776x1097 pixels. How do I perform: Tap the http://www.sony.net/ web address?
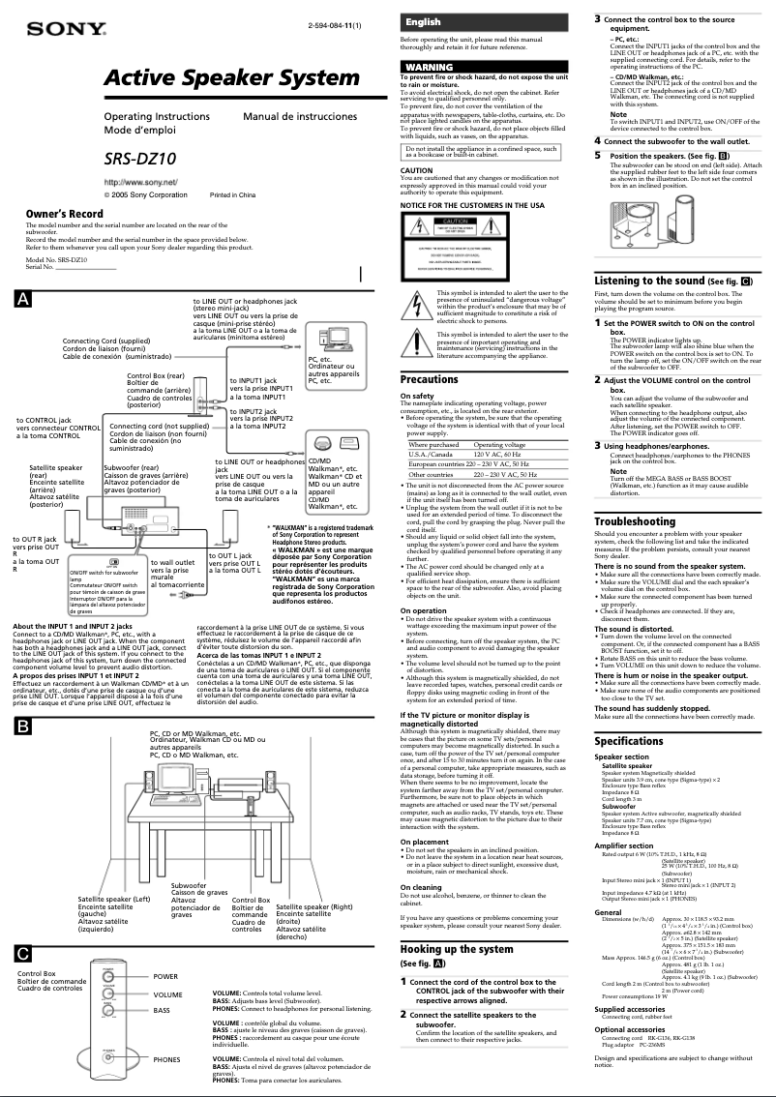point(140,182)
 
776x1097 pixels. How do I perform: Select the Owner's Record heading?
point(64,214)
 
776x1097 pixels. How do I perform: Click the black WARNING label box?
point(430,67)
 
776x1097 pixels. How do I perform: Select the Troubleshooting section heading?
point(635,521)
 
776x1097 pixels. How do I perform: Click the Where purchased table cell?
point(433,444)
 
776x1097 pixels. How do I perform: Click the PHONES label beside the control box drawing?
point(166,1059)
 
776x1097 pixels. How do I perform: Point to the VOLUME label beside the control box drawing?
point(167,994)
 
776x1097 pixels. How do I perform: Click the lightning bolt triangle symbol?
point(417,302)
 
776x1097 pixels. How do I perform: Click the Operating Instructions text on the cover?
point(156,116)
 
